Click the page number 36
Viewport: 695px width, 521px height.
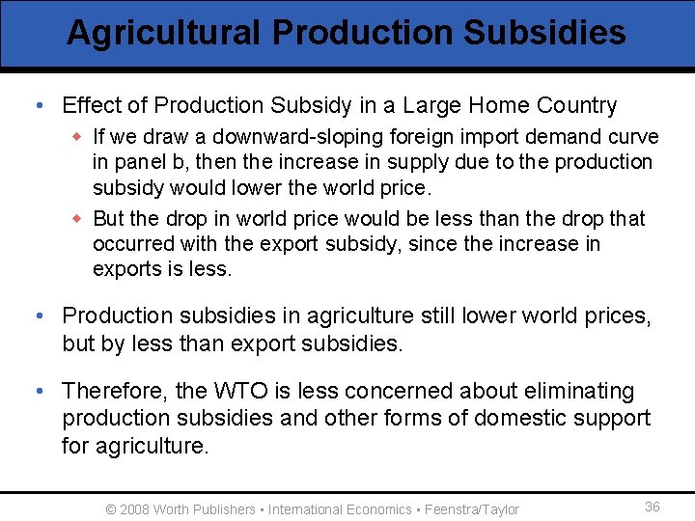653,507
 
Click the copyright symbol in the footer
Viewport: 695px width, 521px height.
111,509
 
